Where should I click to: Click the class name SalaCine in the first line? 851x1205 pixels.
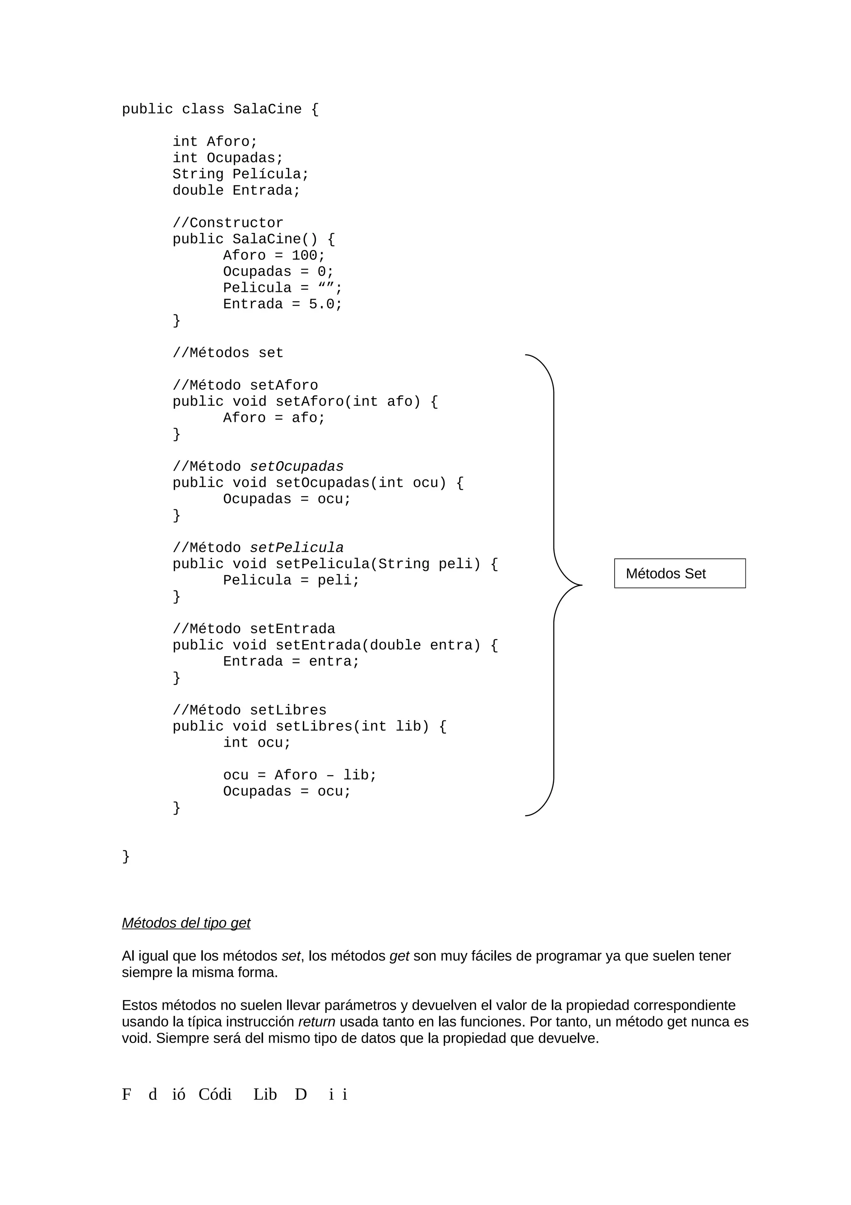click(268, 109)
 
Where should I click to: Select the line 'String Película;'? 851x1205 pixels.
click(241, 174)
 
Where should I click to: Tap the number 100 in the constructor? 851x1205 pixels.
click(304, 256)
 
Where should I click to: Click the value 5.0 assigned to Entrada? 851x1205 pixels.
click(322, 304)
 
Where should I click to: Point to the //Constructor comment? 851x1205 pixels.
click(228, 223)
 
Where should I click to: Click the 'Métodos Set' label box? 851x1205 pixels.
click(679, 574)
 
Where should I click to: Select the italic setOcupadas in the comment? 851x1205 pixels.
click(297, 467)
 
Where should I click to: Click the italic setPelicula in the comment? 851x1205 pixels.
click(297, 548)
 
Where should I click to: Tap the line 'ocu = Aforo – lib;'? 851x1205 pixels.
click(300, 775)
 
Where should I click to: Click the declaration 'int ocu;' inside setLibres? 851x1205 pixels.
click(257, 743)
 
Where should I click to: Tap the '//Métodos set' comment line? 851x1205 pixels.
click(228, 353)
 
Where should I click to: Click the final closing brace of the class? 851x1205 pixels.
click(126, 857)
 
